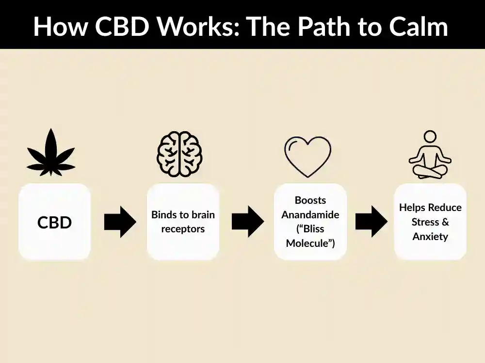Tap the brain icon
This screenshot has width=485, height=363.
[179, 155]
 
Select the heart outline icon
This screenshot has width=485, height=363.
[307, 156]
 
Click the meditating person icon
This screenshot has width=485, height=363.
[430, 155]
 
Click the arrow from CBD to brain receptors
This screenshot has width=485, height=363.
[120, 222]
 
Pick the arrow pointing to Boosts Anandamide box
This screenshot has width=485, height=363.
[247, 222]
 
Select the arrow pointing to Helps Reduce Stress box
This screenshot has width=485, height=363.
[371, 222]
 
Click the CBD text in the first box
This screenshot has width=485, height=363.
[54, 223]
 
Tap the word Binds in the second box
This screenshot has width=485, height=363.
[163, 214]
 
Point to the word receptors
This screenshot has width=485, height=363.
[183, 229]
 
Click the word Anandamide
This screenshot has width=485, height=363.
[310, 214]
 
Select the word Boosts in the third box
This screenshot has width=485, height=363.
[310, 200]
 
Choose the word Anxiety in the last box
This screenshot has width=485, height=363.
[430, 237]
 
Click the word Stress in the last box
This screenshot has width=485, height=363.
[425, 222]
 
